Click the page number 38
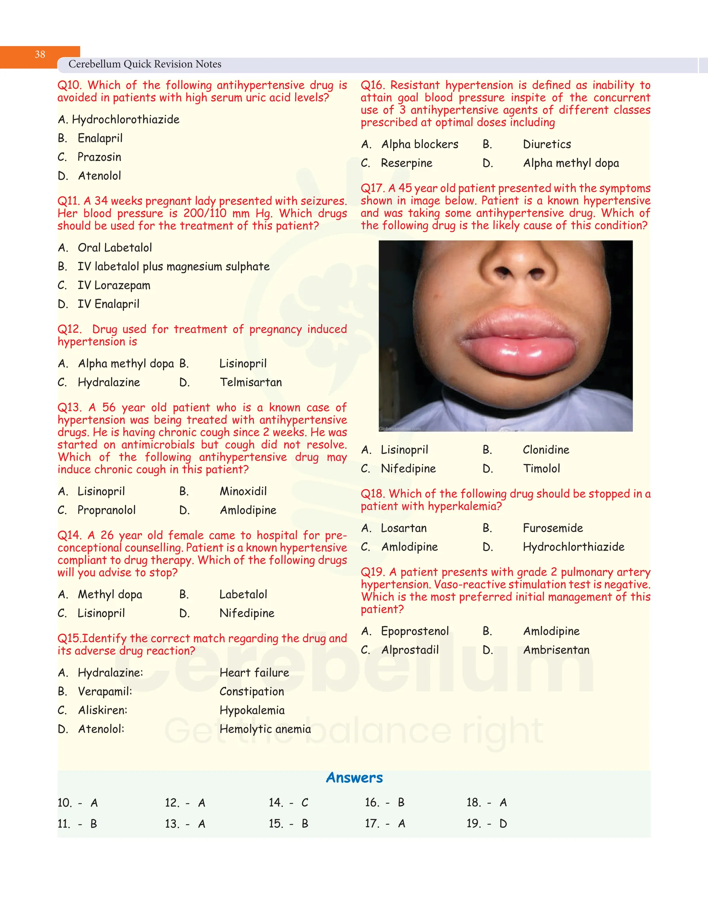[40, 55]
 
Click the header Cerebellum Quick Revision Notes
[145, 64]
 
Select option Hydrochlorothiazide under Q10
[125, 120]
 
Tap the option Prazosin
[99, 157]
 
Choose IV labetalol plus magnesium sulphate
[174, 267]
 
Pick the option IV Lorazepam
[114, 285]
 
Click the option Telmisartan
[251, 383]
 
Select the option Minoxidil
[243, 491]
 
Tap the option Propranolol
[106, 510]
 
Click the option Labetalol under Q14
[243, 595]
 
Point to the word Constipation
[251, 692]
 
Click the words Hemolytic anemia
[265, 729]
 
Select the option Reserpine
[406, 163]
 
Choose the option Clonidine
[546, 450]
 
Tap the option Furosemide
[552, 528]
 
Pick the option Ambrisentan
[556, 650]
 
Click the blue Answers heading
[354, 778]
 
